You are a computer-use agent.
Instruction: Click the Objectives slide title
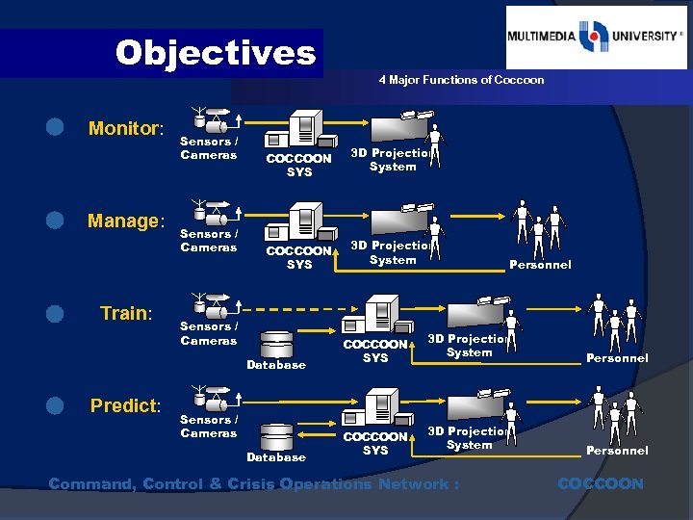click(215, 52)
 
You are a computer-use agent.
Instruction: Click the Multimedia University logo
click(597, 38)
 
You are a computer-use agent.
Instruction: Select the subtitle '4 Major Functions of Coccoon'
click(461, 80)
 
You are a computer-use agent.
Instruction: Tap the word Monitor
click(126, 128)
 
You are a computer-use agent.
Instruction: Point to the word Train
click(126, 313)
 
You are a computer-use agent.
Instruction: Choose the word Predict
click(126, 405)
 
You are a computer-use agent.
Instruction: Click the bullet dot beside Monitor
click(56, 127)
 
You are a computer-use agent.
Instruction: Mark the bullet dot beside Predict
click(56, 404)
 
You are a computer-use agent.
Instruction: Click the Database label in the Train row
click(276, 365)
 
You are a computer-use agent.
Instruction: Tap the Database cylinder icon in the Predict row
click(277, 435)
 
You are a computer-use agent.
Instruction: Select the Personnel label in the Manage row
click(540, 265)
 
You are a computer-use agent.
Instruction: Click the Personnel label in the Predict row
click(617, 451)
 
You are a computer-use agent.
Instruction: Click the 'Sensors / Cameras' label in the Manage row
click(208, 241)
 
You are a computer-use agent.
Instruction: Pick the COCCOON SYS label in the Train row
click(375, 351)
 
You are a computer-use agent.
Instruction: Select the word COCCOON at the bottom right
click(601, 483)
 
